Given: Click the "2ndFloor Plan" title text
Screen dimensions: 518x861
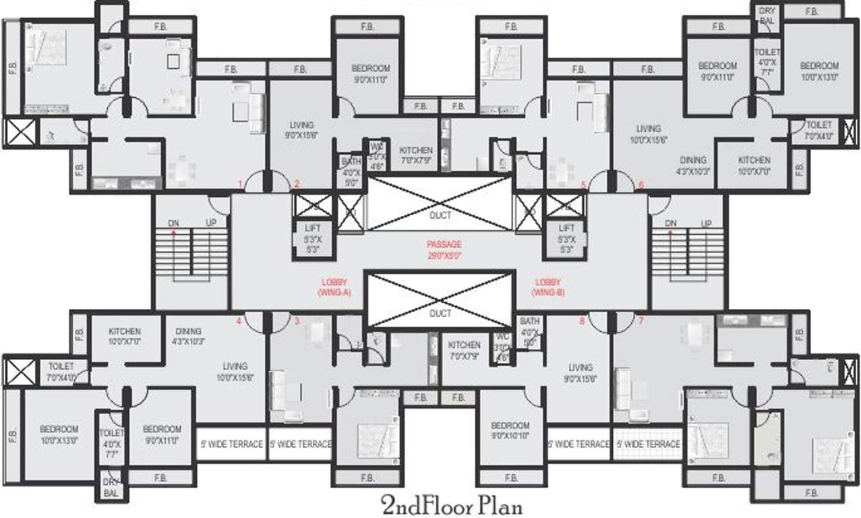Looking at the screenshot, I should pos(451,505).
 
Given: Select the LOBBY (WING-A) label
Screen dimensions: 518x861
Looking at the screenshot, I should pos(334,287).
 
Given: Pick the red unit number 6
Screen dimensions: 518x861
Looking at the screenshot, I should pos(641,184).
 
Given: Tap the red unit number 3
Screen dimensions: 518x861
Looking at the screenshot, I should pos(296,321).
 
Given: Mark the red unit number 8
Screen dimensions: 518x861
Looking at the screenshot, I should pos(582,321).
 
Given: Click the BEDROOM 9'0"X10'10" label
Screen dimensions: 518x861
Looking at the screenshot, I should pos(510,430).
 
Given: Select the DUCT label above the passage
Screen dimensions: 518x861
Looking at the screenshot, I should pos(440,215).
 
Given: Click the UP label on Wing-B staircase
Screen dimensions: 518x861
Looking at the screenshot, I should pos(706,223).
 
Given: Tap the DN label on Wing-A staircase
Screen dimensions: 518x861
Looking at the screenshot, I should pos(174,223).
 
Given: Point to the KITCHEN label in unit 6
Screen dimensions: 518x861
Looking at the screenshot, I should pos(753,160).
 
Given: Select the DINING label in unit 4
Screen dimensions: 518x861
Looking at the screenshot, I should pos(187,331).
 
